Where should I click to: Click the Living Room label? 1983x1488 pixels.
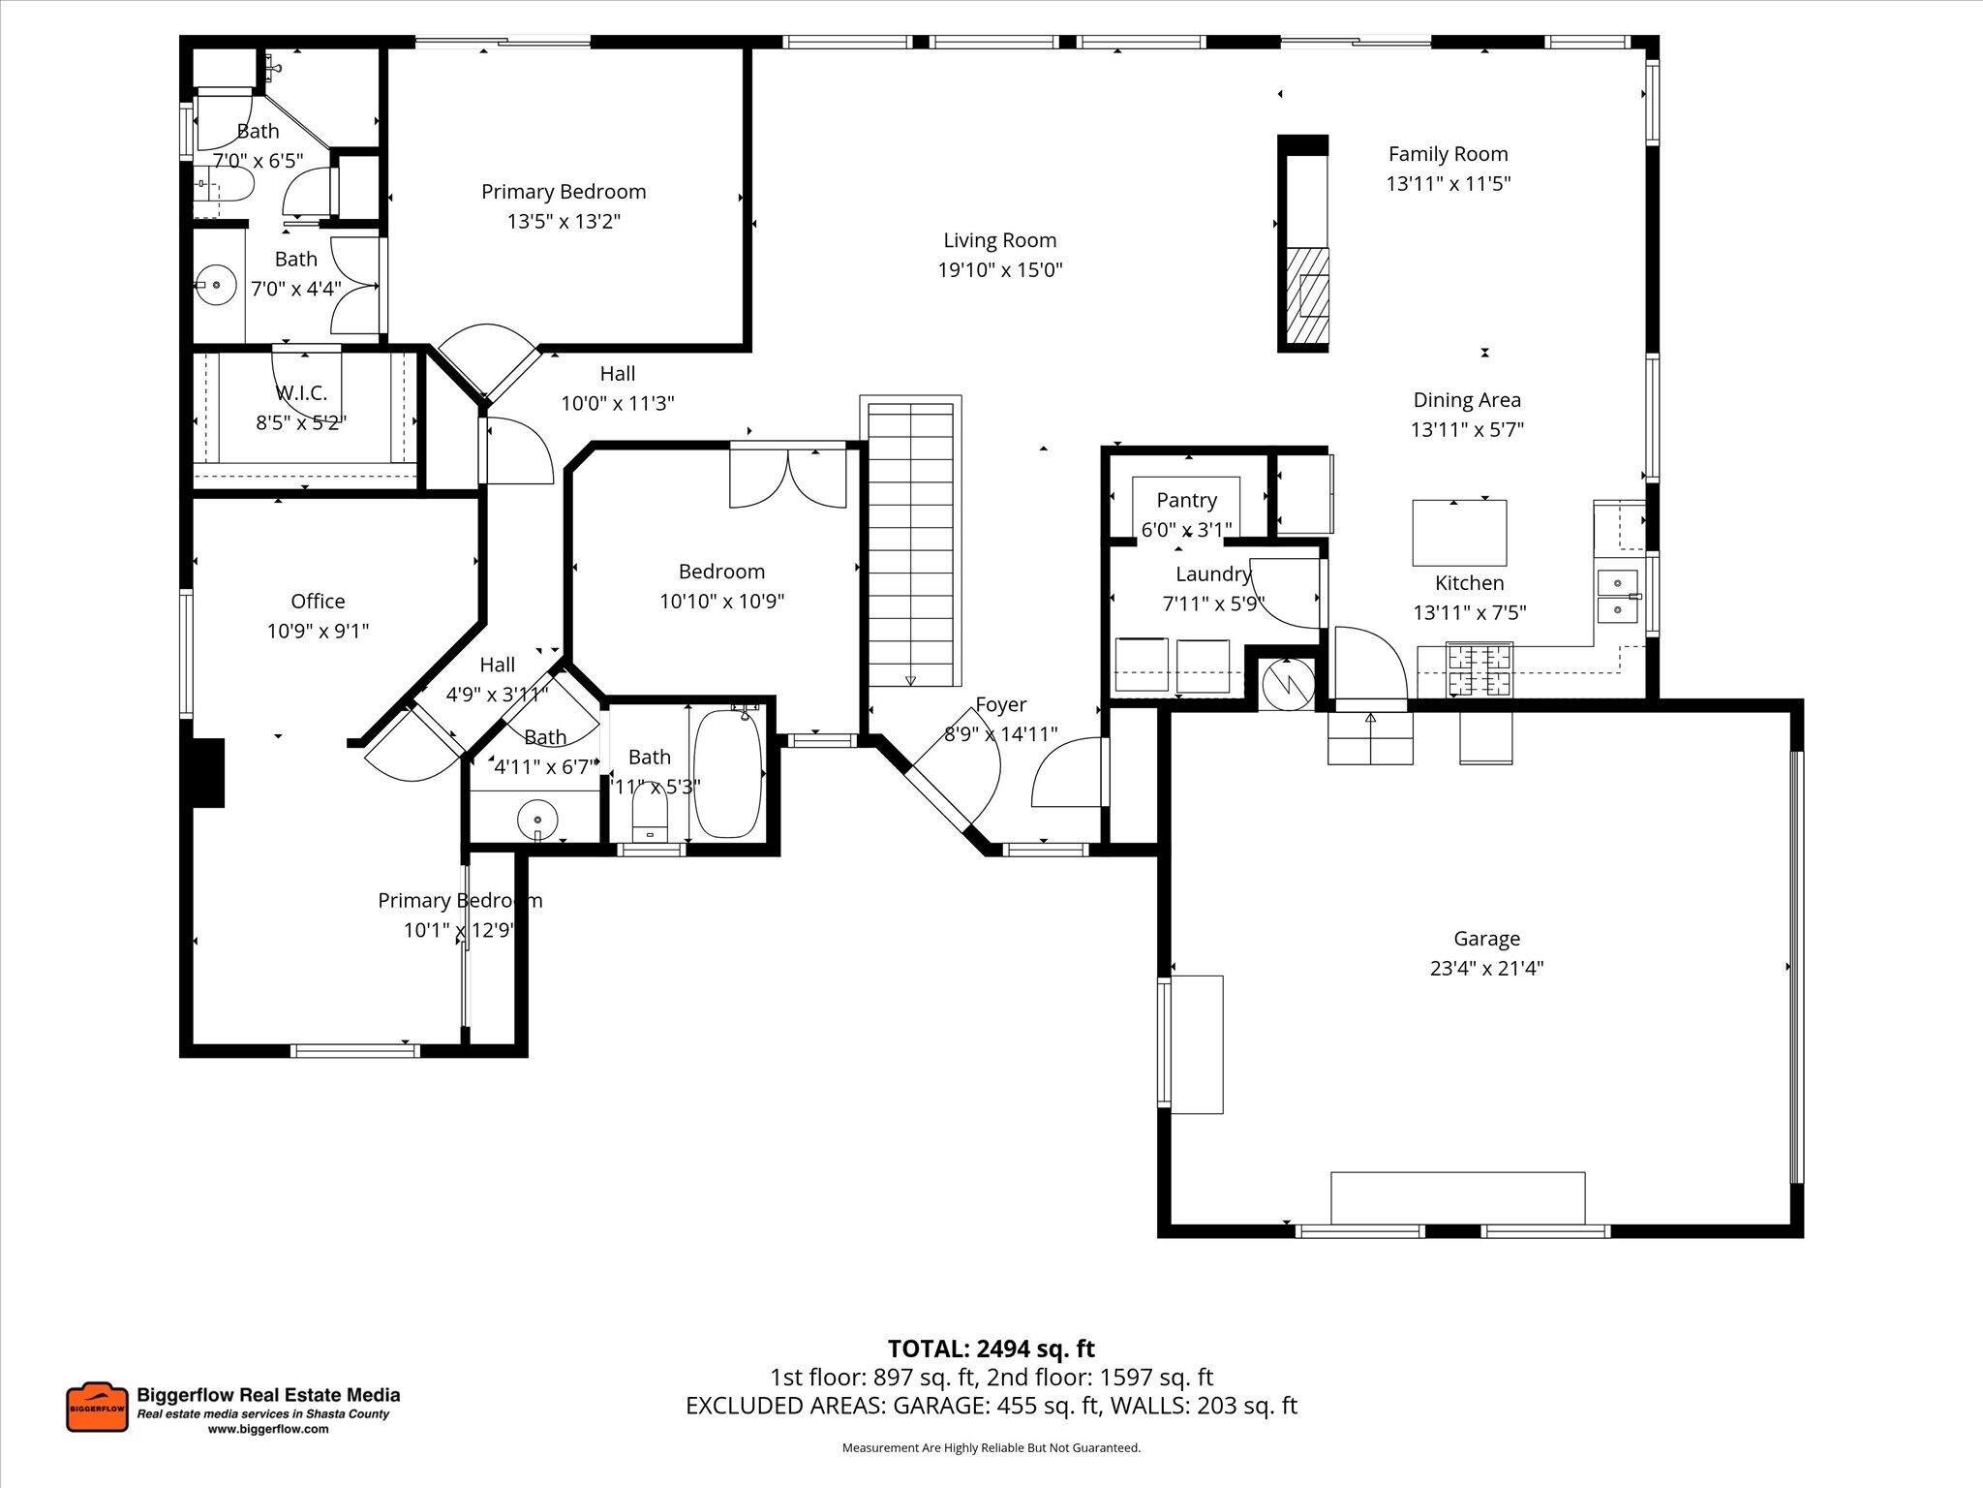[999, 240]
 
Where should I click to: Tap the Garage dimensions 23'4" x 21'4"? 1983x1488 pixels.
[1486, 968]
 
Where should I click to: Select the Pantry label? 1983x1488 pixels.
[1186, 500]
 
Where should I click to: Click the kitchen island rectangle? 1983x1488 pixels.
[1459, 533]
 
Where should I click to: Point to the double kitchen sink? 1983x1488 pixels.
[1617, 598]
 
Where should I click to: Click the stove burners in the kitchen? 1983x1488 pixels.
[1479, 670]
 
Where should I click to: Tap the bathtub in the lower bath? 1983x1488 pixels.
[728, 773]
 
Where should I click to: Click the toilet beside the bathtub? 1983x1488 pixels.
[650, 814]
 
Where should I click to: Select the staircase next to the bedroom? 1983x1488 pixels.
[910, 542]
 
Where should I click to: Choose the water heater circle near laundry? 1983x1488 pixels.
[1287, 682]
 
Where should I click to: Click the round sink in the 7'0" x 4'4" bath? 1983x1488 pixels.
[216, 286]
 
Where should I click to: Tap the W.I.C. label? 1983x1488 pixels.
[301, 392]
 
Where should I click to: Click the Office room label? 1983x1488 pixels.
[318, 601]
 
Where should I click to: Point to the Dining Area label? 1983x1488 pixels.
[1466, 399]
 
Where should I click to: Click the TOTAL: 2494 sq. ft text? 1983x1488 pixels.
[991, 1348]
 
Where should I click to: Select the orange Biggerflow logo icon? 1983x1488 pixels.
[97, 1408]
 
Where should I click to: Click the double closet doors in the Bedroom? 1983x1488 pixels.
[788, 478]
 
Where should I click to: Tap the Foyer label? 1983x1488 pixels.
[1000, 704]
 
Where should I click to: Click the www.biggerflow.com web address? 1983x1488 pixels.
[268, 1429]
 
